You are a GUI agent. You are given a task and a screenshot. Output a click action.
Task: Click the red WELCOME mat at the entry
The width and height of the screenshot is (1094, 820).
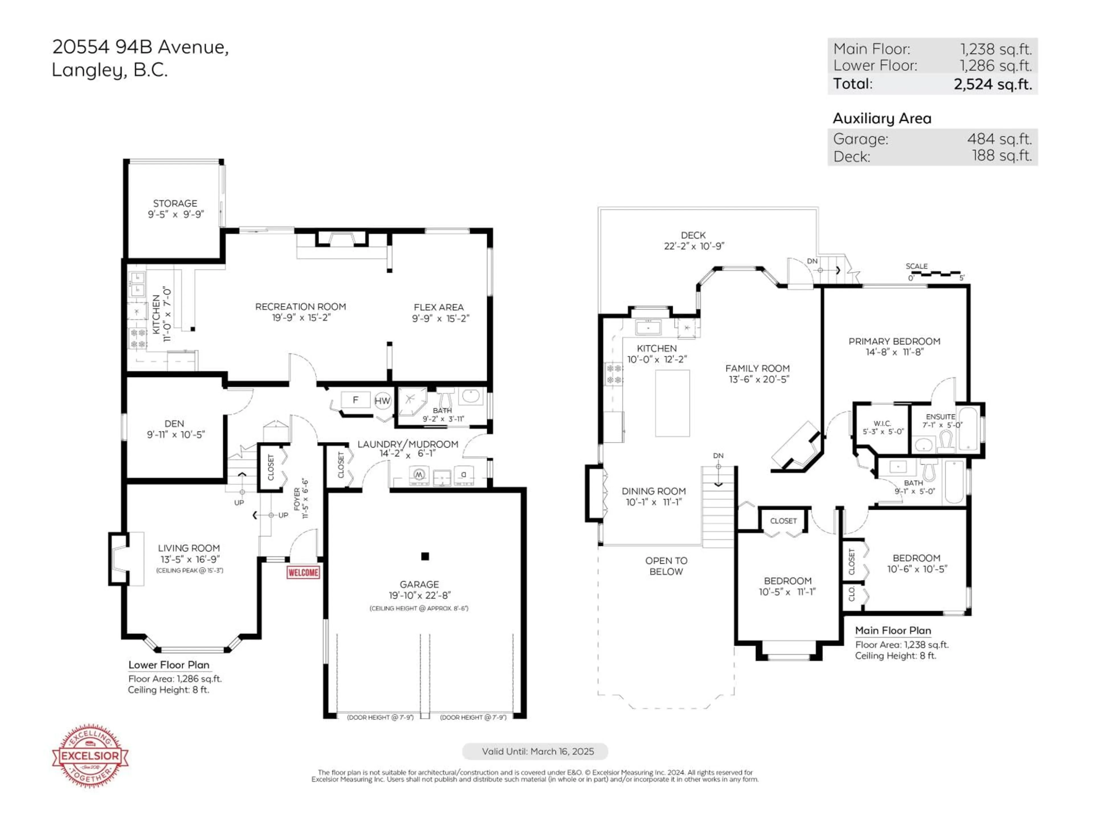pyautogui.click(x=303, y=572)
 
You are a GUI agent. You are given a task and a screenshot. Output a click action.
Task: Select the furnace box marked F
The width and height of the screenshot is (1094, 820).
pyautogui.click(x=355, y=400)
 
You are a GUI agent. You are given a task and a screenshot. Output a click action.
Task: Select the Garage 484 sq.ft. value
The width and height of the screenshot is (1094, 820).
pyautogui.click(x=999, y=139)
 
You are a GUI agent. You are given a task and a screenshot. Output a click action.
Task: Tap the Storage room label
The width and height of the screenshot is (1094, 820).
pyautogui.click(x=175, y=203)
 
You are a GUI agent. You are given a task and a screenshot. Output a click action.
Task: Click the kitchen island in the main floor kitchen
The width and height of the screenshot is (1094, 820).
pyautogui.click(x=672, y=403)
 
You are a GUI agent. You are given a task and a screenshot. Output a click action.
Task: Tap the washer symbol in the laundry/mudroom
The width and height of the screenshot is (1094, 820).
pyautogui.click(x=419, y=475)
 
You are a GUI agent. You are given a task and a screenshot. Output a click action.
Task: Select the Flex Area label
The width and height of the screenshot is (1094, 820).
pyautogui.click(x=439, y=307)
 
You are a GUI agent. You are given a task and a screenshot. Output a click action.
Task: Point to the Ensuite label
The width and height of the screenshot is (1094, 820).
pyautogui.click(x=940, y=417)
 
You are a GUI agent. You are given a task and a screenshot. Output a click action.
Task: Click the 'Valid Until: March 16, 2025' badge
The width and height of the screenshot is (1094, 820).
pyautogui.click(x=535, y=751)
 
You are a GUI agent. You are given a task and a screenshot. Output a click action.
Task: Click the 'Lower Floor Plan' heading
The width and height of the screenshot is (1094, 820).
pyautogui.click(x=169, y=665)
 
